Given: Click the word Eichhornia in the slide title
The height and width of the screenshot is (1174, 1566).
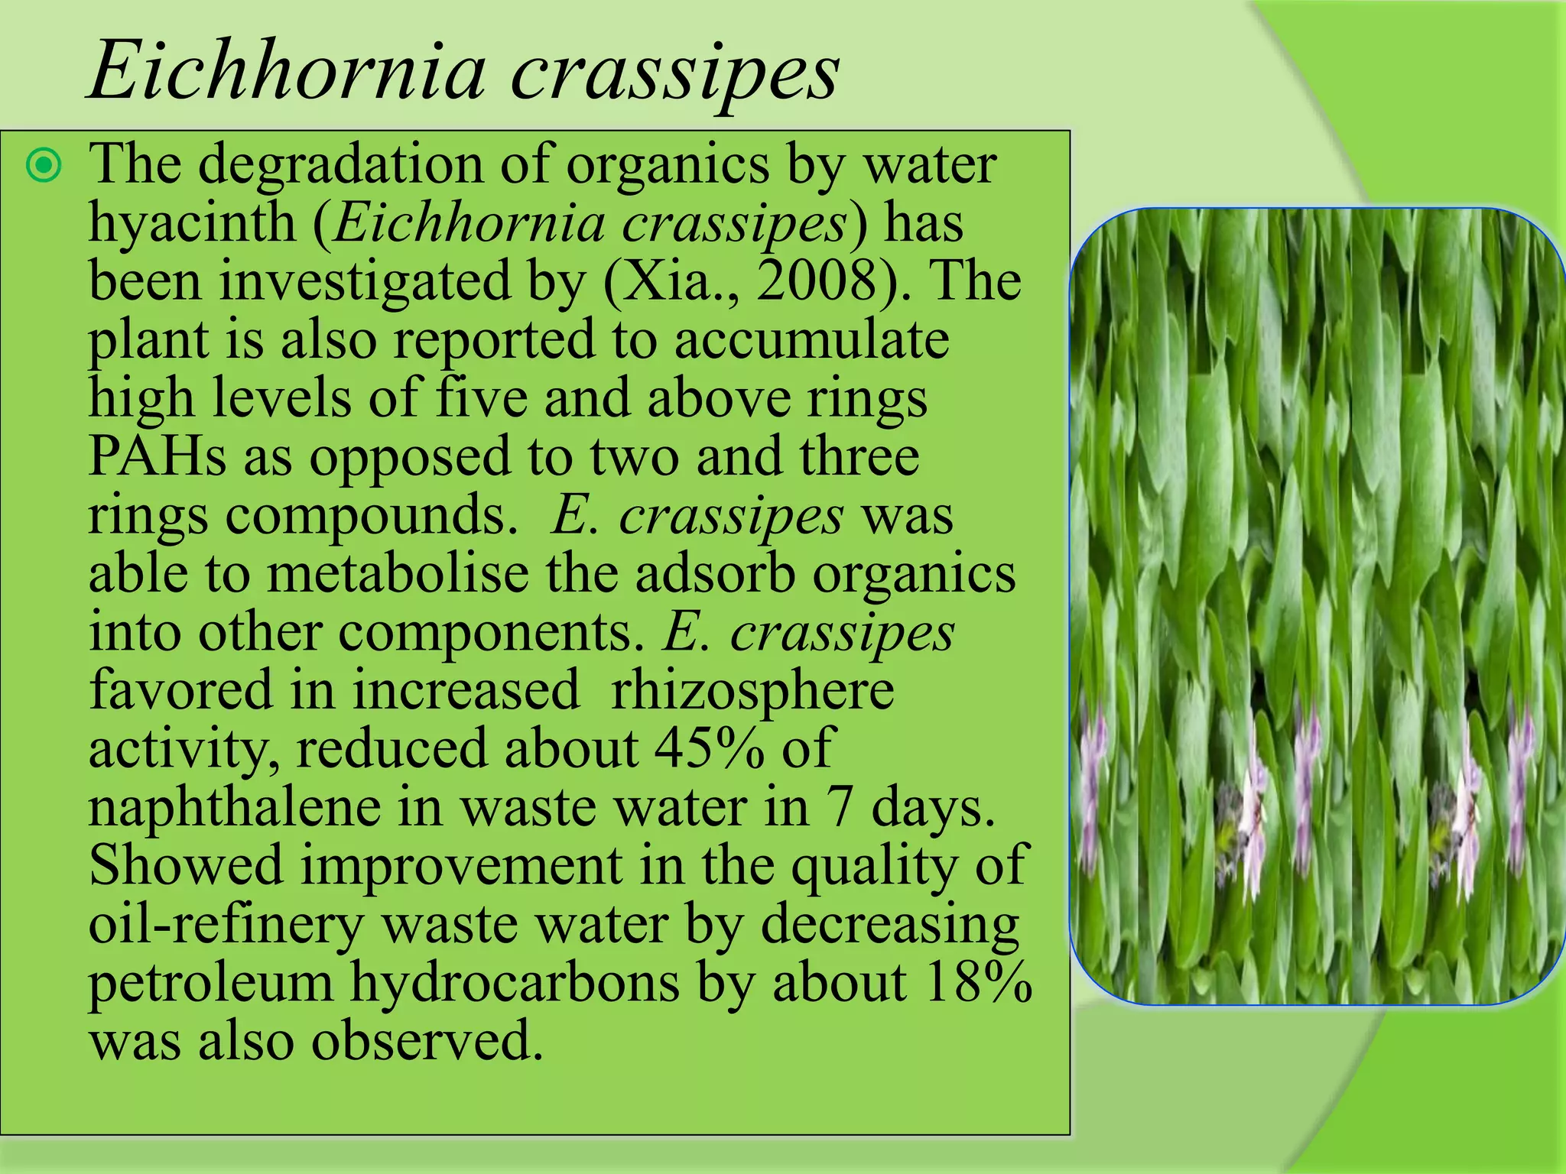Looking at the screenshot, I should pos(287,73).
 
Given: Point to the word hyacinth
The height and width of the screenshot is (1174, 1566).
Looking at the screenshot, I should pos(192,223).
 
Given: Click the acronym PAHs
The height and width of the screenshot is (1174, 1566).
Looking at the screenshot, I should pos(158,456).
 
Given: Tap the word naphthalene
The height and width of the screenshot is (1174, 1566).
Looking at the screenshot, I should pos(234,807).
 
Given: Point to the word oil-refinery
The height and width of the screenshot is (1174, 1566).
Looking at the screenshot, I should pos(226,924).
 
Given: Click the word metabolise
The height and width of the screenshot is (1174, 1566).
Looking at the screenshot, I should pos(397,573).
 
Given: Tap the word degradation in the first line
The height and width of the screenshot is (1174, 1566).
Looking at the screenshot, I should pos(340,164).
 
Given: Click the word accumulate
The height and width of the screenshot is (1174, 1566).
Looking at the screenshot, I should pos(811,339).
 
